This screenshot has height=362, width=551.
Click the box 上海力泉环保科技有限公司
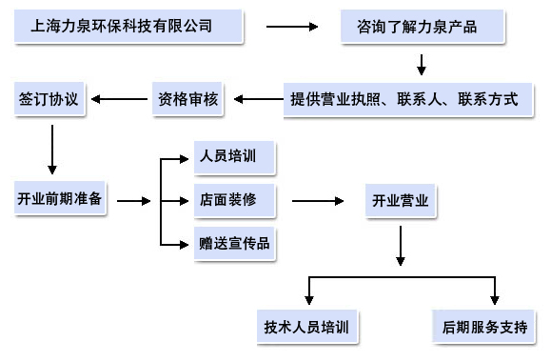tap(128, 27)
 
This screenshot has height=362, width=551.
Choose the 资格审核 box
tap(188, 98)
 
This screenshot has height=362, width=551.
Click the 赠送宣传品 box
tap(234, 243)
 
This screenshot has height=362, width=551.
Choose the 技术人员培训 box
tap(306, 327)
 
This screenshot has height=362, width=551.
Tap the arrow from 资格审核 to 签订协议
tap(119, 98)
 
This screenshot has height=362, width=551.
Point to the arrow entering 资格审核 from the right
tap(256, 98)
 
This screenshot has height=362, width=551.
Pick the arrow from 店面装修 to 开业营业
tap(318, 201)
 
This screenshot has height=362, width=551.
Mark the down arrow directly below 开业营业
tap(401, 246)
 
